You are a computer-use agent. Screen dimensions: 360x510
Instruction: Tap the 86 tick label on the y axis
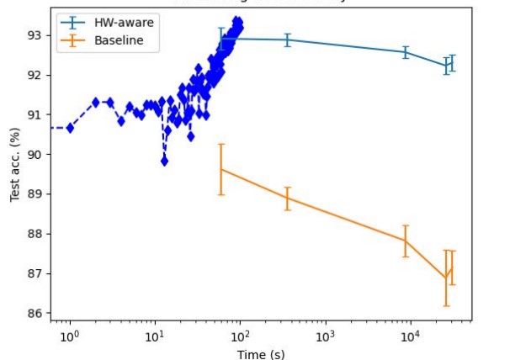[x=36, y=314]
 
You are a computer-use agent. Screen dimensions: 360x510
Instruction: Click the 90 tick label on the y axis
[x=36, y=155]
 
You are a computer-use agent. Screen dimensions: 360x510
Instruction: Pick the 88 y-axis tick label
[x=36, y=234]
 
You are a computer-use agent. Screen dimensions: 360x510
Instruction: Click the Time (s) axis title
[x=259, y=353]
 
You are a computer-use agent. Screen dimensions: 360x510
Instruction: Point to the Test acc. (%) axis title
[x=14, y=165]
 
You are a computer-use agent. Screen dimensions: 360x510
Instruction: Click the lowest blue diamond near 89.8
[x=165, y=161]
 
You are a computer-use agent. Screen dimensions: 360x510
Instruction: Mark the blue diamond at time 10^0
[x=70, y=128]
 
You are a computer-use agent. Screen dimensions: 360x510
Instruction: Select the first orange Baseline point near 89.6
[x=221, y=170]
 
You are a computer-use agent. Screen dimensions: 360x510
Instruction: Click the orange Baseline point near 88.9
[x=287, y=198]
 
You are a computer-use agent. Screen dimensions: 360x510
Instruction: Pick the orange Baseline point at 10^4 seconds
[x=405, y=241]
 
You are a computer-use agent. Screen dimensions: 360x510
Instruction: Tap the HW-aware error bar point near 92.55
[x=405, y=52]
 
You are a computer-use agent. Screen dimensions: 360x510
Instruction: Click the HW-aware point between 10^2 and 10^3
[x=287, y=40]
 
